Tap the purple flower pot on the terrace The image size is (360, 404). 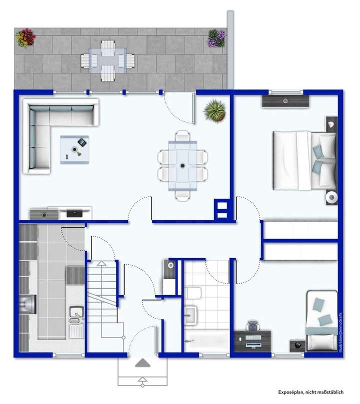point(216,37)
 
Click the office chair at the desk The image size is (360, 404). point(253,325)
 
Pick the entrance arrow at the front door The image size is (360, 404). point(142,363)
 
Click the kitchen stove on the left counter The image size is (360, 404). point(27,303)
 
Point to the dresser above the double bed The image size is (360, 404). point(285,101)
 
